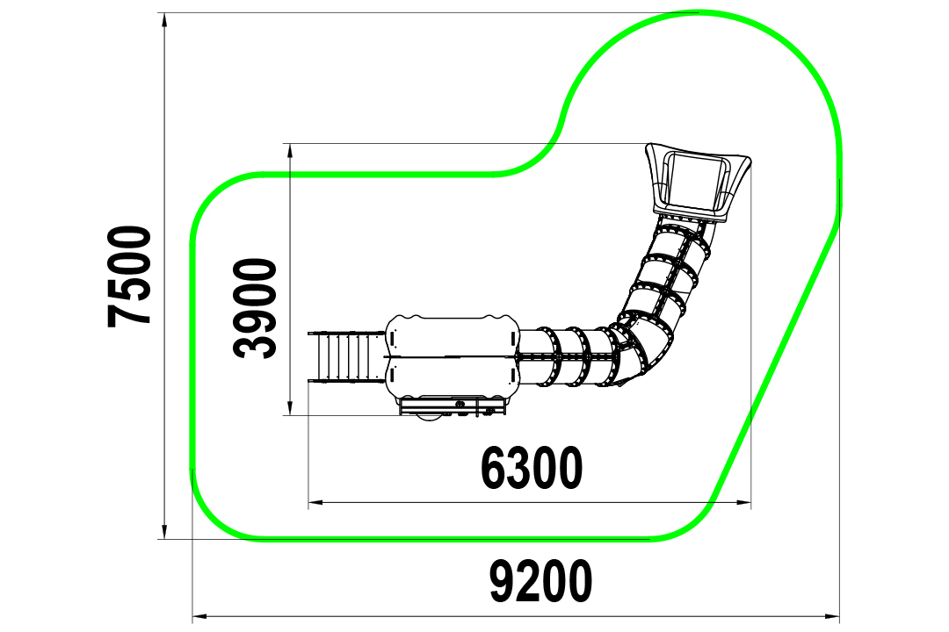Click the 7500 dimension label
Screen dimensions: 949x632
point(129,276)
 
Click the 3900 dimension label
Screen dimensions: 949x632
point(255,308)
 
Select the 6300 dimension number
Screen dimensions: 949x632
point(532,468)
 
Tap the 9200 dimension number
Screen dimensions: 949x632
point(540,581)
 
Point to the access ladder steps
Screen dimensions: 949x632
point(347,357)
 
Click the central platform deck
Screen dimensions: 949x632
point(452,356)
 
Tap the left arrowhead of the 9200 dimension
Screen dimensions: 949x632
point(200,617)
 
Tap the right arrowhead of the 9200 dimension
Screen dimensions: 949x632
point(831,617)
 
